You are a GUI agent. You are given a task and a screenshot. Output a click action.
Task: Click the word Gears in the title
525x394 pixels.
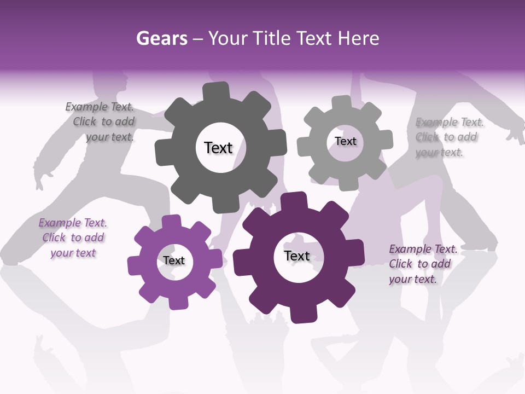coord(161,39)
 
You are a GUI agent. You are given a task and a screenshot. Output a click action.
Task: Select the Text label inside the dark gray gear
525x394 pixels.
coord(218,148)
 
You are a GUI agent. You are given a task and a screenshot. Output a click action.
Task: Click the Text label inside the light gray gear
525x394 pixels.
coord(345,141)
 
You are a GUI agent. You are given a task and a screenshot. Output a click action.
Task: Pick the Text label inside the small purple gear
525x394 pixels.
coord(174,260)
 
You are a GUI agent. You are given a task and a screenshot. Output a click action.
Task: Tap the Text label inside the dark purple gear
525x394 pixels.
coord(297,256)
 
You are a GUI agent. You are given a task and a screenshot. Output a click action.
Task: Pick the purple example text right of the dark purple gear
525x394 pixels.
coord(421,264)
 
